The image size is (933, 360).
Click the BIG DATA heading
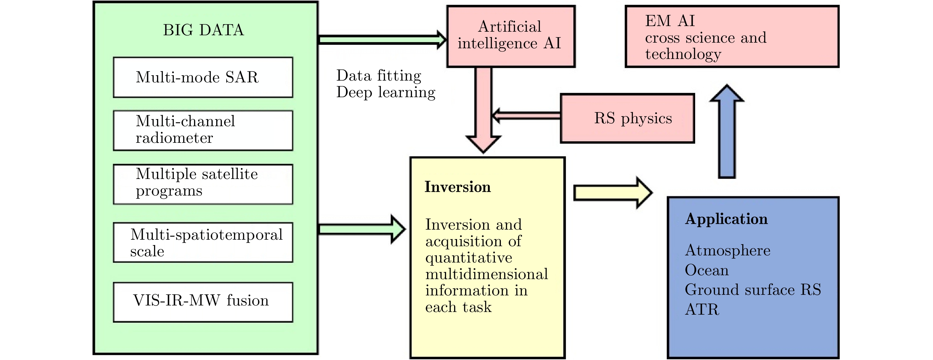click(203, 30)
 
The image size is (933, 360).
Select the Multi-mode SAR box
click(203, 77)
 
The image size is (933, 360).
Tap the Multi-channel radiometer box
click(203, 130)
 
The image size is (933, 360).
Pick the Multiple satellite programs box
click(203, 184)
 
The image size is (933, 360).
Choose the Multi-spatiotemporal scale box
click(203, 242)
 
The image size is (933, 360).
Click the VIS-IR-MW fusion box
click(203, 302)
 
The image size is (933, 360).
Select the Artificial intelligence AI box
click(510, 36)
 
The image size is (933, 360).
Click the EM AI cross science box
click(732, 36)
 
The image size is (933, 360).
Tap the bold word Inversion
click(457, 187)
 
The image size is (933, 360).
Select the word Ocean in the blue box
click(707, 270)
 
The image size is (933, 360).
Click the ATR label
click(702, 309)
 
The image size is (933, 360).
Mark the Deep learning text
click(386, 92)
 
